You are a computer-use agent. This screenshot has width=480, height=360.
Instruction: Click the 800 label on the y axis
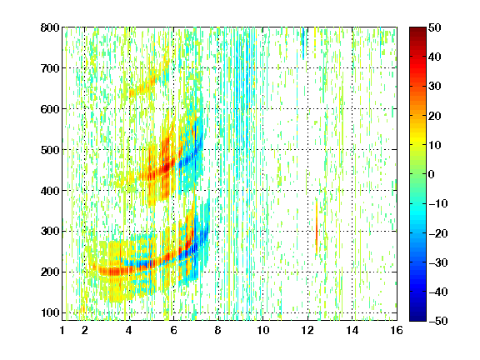coord(50,27)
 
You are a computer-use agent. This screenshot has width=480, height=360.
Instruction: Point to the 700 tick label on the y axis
coord(50,68)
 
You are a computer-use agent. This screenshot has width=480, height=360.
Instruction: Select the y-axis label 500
coord(50,150)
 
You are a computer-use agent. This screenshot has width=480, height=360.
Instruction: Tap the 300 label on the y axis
coord(50,231)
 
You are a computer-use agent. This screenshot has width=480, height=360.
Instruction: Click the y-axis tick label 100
coord(50,312)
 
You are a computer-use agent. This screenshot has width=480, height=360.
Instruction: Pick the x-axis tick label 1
coord(62,330)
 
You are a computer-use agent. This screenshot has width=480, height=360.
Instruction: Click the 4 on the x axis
coord(129,330)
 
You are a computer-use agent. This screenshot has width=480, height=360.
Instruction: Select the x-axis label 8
coord(217,330)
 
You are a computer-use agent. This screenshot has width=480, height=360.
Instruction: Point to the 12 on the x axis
coord(307,330)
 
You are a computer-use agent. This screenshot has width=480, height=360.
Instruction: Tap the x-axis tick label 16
coord(397,330)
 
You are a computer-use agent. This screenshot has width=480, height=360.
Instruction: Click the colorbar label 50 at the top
coord(434,27)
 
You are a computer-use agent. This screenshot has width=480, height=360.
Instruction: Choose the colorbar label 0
coord(431,174)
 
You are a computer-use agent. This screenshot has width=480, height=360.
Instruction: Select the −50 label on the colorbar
coord(438,321)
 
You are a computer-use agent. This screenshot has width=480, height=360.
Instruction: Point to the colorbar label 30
coord(434,87)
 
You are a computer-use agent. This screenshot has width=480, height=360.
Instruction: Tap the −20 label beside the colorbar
coord(438,233)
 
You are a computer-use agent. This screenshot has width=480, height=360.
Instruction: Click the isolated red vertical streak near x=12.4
coord(317,227)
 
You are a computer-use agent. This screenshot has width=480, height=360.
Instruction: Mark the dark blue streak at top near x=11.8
coord(303,42)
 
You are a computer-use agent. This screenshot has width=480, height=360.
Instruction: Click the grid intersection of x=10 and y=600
coord(262,108)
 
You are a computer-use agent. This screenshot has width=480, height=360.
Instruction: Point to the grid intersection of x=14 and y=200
coord(352,272)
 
